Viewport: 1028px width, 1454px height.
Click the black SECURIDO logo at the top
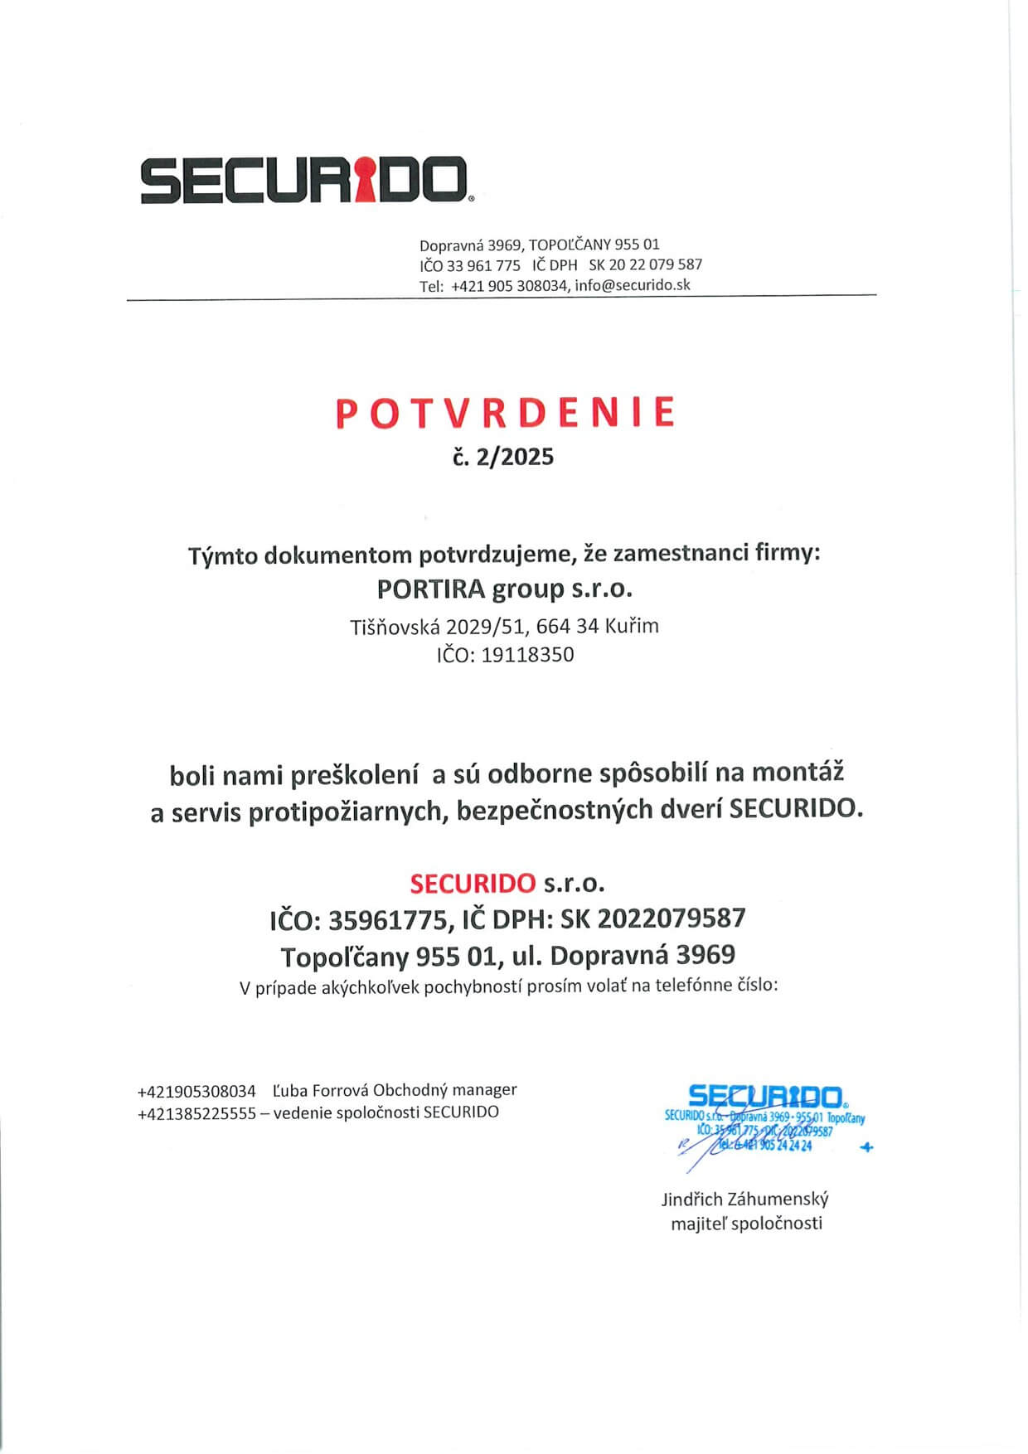(x=305, y=180)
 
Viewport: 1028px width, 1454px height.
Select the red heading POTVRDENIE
(x=506, y=413)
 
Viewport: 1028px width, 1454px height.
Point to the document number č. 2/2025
(x=503, y=457)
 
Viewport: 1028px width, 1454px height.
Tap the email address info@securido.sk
(x=633, y=285)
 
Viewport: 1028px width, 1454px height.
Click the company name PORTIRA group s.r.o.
(x=504, y=589)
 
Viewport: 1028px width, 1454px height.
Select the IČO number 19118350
(x=527, y=655)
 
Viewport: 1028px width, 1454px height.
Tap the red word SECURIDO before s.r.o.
(x=473, y=883)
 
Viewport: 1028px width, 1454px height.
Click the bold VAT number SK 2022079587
(x=653, y=918)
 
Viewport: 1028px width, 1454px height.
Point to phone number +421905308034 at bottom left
(x=196, y=1091)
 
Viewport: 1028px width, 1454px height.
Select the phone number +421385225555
(x=196, y=1113)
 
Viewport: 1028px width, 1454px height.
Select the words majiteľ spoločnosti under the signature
(x=746, y=1224)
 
